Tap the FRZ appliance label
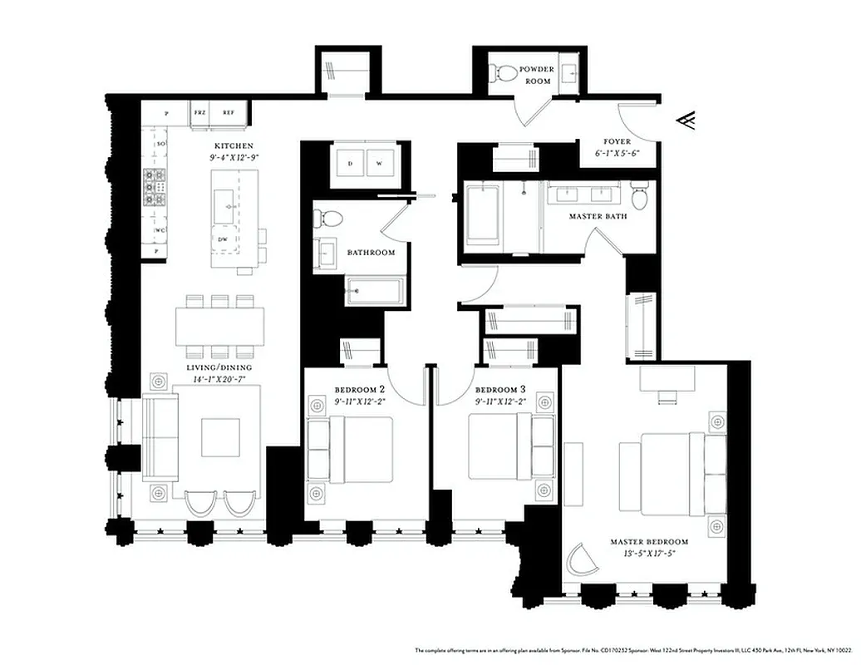click(x=199, y=112)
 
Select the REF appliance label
click(x=228, y=112)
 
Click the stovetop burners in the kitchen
click(x=155, y=186)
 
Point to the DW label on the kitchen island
click(x=223, y=239)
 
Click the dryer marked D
click(x=350, y=164)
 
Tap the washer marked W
click(x=379, y=164)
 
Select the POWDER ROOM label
click(x=536, y=76)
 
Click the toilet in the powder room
click(x=503, y=73)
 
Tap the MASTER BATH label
click(x=598, y=216)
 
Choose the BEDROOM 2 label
click(x=360, y=390)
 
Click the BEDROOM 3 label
click(x=500, y=390)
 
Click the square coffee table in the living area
click(x=220, y=437)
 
